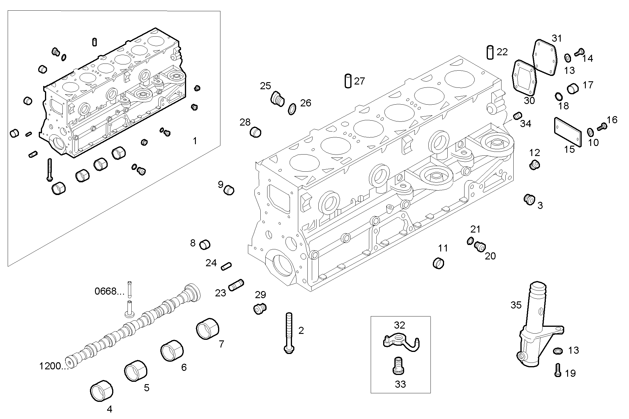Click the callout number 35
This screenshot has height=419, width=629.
click(x=516, y=305)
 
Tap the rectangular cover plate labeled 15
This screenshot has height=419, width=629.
click(x=567, y=132)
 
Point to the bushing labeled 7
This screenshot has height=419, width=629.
click(x=208, y=329)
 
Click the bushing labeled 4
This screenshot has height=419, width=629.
click(x=101, y=391)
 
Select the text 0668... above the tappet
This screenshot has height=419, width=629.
click(x=109, y=291)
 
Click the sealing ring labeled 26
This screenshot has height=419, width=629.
click(x=292, y=109)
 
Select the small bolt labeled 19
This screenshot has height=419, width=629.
click(x=557, y=370)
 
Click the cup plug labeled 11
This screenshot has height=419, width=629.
click(x=438, y=263)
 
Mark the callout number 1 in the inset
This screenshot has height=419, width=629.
click(x=195, y=141)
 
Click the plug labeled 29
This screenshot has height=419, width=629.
click(x=260, y=309)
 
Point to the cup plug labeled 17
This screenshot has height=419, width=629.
click(x=573, y=88)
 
